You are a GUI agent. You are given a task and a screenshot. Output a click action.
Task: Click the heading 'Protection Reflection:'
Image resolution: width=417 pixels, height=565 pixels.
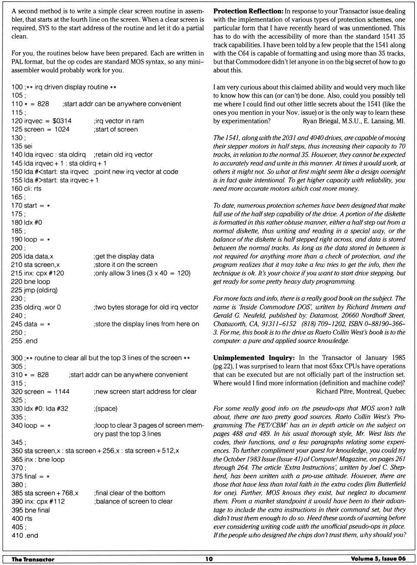pos(248,11)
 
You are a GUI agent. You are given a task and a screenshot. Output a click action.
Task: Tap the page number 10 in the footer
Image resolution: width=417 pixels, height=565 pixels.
pos(209,559)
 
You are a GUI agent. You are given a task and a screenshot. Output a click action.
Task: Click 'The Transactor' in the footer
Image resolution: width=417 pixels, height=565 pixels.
pos(33,559)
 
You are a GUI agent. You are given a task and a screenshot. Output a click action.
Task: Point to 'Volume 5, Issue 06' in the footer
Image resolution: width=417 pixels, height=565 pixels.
pos(378,558)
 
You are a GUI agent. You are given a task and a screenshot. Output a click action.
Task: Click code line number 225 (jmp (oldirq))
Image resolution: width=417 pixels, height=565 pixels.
pos(17,290)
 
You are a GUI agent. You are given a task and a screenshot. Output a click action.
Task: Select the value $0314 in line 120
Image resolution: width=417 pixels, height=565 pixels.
pos(62,121)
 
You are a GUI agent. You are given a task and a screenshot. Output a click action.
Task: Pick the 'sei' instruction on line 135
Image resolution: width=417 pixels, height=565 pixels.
pos(28,146)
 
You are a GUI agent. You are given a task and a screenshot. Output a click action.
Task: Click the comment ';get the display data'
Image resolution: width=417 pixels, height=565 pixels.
pos(123,256)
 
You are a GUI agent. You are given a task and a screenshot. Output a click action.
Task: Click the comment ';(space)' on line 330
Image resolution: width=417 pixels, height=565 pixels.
pos(106,408)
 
